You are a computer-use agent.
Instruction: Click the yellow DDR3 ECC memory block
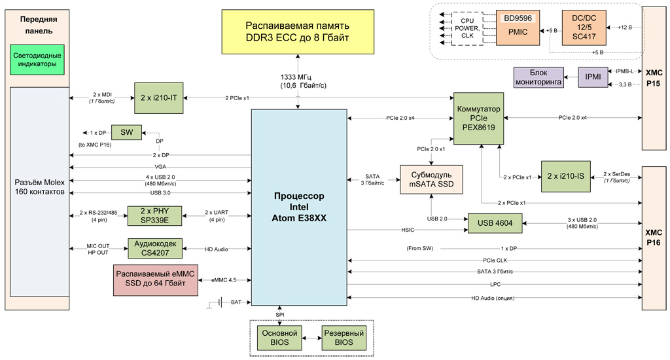pyautogui.click(x=298, y=33)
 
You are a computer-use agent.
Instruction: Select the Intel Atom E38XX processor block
pyautogui.click(x=298, y=206)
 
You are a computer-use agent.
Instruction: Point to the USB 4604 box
pyautogui.click(x=494, y=223)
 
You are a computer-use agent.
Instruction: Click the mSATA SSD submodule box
pyautogui.click(x=431, y=180)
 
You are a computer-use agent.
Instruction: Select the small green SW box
pyautogui.click(x=127, y=133)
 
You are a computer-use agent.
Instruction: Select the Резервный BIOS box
pyautogui.click(x=339, y=338)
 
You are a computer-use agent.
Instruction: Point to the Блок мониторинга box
pyautogui.click(x=538, y=78)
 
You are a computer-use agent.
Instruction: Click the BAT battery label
pyautogui.click(x=236, y=302)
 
